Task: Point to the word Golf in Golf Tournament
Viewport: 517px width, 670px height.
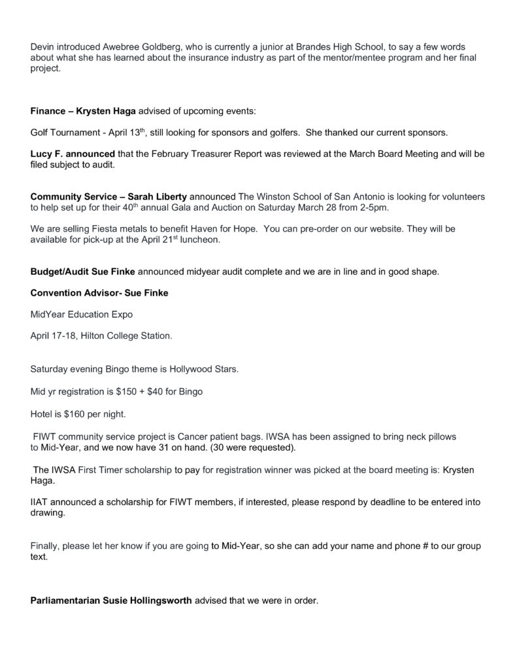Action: point(40,133)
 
